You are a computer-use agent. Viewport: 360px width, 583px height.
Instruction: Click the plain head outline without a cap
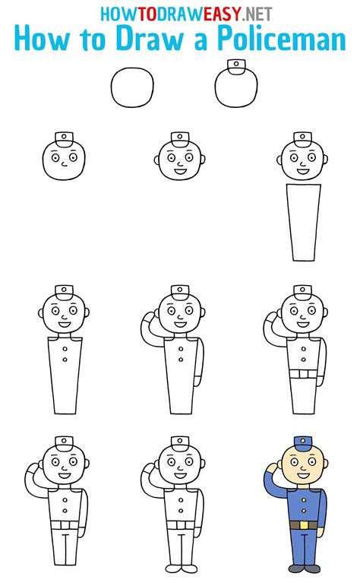pyautogui.click(x=133, y=87)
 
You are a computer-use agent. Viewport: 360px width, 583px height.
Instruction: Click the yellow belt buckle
pyautogui.click(x=303, y=525)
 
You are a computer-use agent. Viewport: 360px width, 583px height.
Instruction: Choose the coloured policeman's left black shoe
pyautogui.click(x=295, y=568)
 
